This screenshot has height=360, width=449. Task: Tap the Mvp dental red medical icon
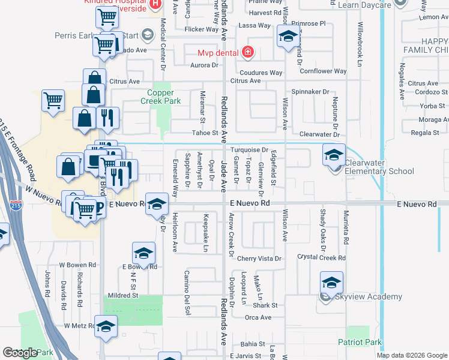click(247, 53)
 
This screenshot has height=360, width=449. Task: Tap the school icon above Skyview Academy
click(331, 283)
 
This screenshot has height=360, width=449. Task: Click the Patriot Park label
click(360, 343)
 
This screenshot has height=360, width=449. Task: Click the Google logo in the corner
click(20, 353)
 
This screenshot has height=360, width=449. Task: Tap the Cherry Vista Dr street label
click(259, 259)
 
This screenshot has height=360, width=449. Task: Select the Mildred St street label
click(122, 295)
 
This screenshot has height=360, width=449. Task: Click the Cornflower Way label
click(324, 71)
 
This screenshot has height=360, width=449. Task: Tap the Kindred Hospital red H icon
click(155, 5)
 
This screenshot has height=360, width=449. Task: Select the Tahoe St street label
click(205, 133)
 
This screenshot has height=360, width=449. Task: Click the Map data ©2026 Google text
click(412, 355)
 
